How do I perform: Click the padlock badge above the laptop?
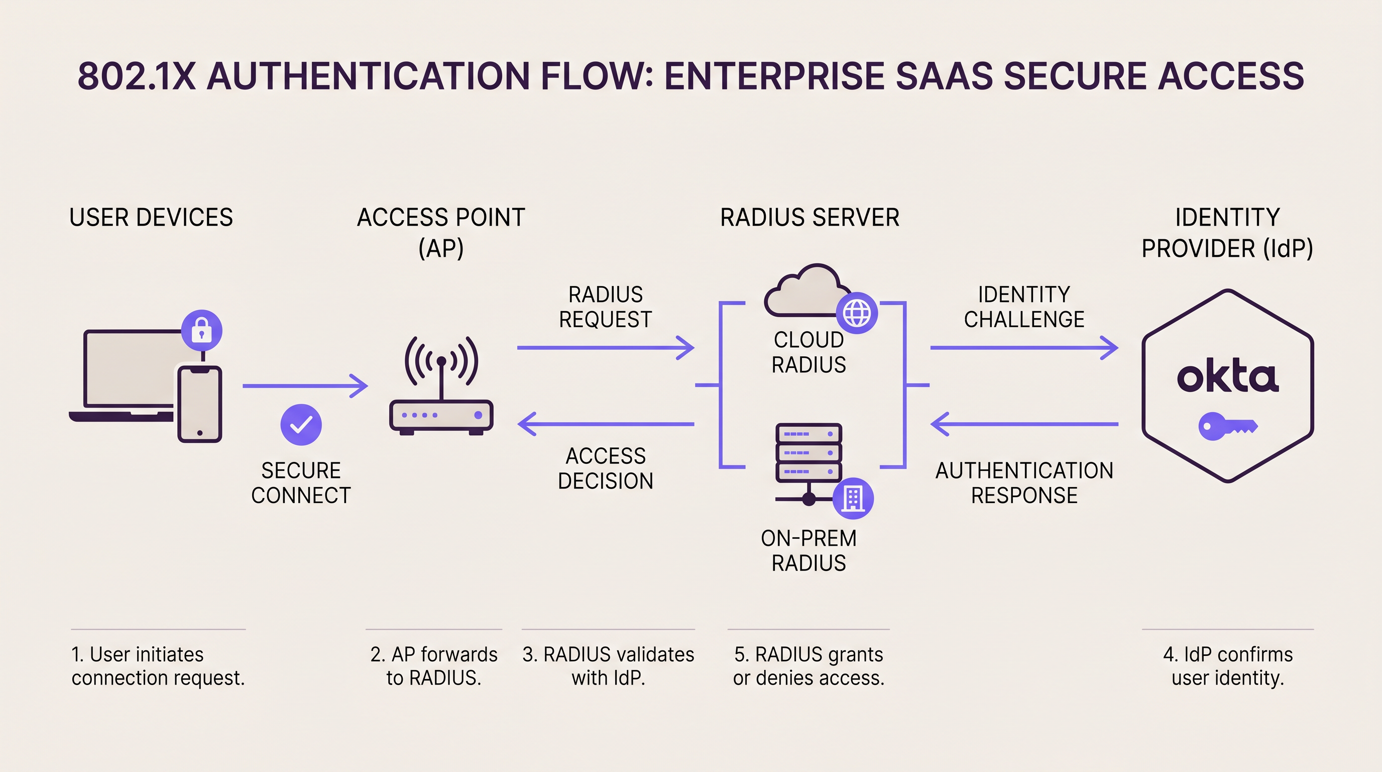pyautogui.click(x=202, y=330)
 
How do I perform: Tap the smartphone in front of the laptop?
pyautogui.click(x=199, y=404)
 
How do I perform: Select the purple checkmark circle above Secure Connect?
pyautogui.click(x=301, y=425)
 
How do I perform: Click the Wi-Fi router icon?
pyautogui.click(x=441, y=387)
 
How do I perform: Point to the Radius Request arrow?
pyautogui.click(x=605, y=348)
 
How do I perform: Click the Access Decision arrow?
pyautogui.click(x=605, y=424)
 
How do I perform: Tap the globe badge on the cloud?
pyautogui.click(x=857, y=313)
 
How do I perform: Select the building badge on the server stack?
pyautogui.click(x=853, y=498)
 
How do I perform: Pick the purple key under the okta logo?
pyautogui.click(x=1227, y=427)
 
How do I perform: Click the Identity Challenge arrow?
pyautogui.click(x=1023, y=348)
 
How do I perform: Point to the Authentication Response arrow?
pyautogui.click(x=1023, y=424)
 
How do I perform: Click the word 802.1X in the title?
pyautogui.click(x=136, y=76)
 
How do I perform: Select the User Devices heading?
pyautogui.click(x=151, y=218)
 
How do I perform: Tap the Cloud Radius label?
pyautogui.click(x=809, y=352)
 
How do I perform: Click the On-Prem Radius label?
pyautogui.click(x=809, y=550)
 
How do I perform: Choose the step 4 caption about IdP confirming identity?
pyautogui.click(x=1227, y=666)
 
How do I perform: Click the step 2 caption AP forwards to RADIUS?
pyautogui.click(x=433, y=666)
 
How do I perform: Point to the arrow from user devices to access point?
pyautogui.click(x=305, y=385)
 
